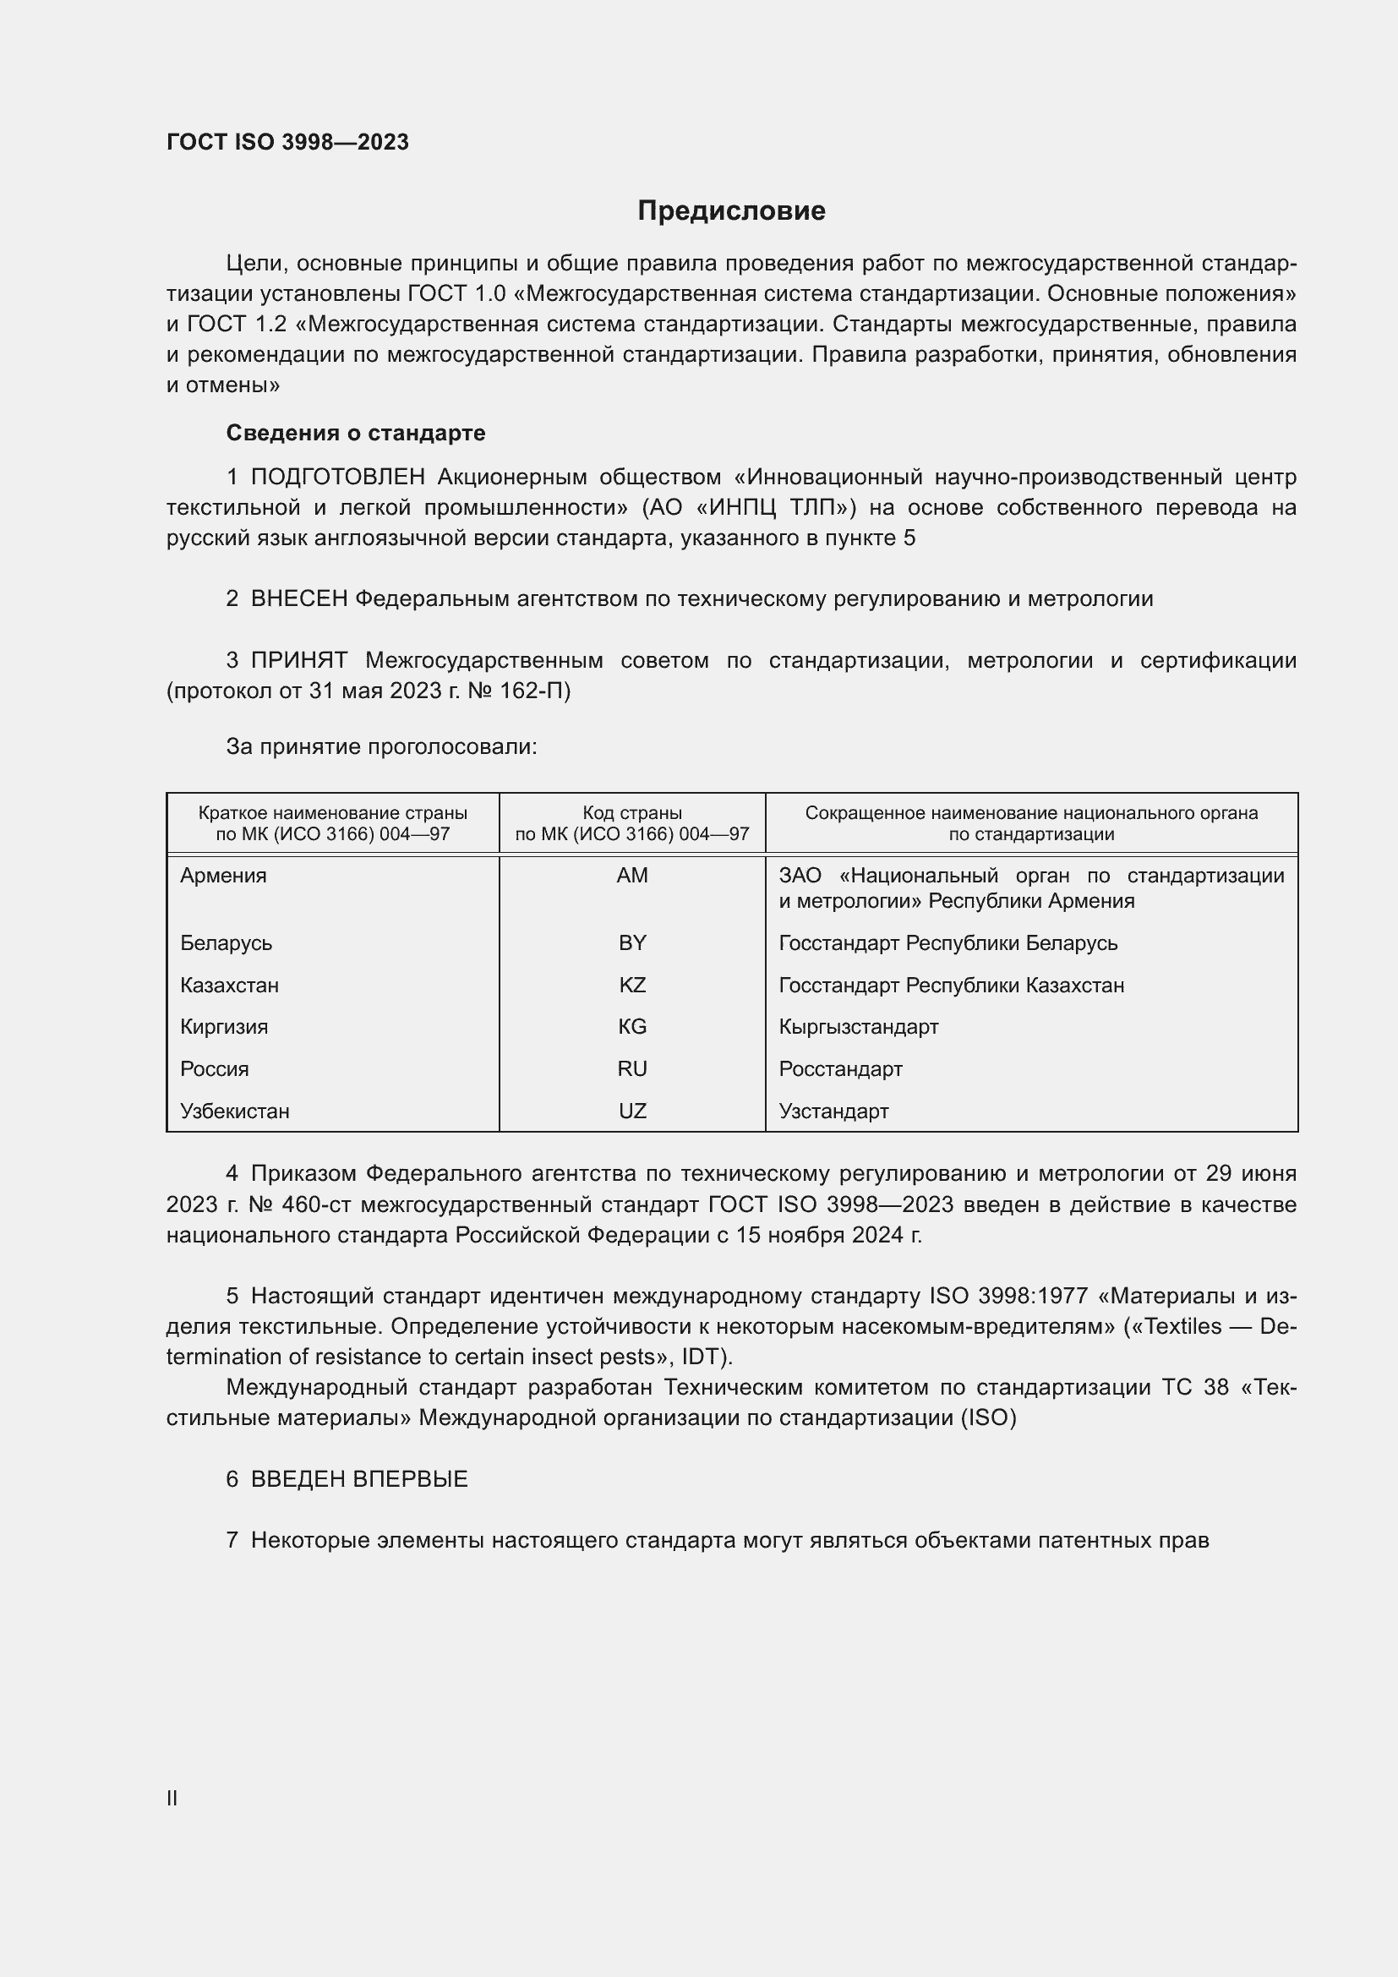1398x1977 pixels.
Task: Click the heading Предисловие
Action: point(731,211)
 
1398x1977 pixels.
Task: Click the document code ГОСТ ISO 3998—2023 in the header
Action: point(287,142)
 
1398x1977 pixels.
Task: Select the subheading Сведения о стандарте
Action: point(356,433)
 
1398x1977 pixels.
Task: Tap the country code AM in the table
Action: point(632,876)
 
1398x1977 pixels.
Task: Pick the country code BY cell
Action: point(632,943)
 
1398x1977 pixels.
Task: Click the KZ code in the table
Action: point(632,985)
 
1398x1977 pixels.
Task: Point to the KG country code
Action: point(632,1026)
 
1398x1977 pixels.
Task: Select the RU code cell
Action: point(632,1068)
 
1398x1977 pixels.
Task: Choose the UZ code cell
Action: point(632,1111)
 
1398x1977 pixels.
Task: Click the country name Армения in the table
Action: point(223,876)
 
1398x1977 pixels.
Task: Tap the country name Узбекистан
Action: point(234,1111)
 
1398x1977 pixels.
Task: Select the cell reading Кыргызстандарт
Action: point(858,1026)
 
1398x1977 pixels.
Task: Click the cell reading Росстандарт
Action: point(840,1068)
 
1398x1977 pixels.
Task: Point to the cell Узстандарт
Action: point(833,1111)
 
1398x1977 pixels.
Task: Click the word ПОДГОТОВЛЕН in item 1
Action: point(337,477)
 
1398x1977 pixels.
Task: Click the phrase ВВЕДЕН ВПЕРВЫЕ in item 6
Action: point(359,1479)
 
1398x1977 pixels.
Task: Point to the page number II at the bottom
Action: point(172,1798)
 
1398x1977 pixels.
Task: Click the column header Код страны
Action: point(632,813)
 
